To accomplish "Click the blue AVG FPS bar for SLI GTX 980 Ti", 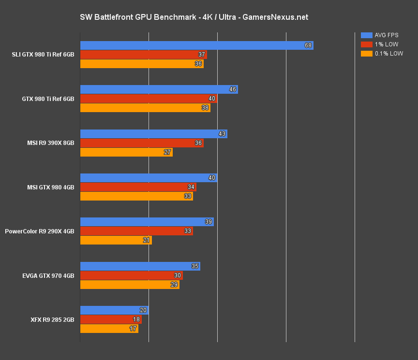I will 196,45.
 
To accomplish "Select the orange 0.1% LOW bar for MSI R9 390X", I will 126,152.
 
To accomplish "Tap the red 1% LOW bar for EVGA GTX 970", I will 131,275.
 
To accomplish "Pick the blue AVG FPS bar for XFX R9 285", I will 114,310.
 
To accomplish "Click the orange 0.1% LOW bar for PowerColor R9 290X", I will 116,240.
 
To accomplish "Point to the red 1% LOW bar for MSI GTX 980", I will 138,187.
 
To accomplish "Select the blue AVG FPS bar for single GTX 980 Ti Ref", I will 159,89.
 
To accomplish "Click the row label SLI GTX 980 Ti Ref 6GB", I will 43,55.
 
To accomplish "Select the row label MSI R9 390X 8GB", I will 50,143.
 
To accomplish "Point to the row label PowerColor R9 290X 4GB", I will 40,231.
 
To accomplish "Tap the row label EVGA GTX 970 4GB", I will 48,275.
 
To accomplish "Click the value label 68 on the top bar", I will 308,45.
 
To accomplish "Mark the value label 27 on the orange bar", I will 167,152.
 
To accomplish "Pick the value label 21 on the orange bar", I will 147,240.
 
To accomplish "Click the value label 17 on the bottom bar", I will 133,329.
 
